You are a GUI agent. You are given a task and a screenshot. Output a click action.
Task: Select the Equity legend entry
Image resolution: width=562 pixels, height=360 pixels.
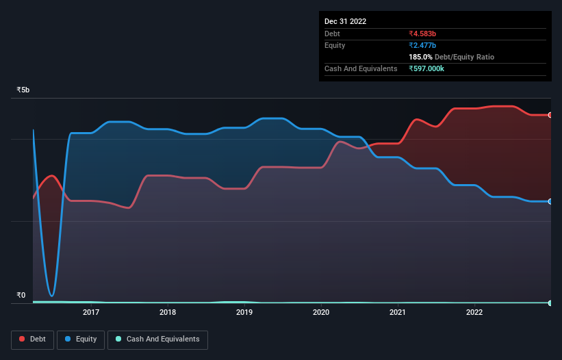coord(81,339)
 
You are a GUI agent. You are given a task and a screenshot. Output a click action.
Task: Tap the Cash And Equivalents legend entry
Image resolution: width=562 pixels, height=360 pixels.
coord(157,339)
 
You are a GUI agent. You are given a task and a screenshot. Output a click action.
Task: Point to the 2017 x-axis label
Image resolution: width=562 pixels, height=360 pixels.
coord(91,313)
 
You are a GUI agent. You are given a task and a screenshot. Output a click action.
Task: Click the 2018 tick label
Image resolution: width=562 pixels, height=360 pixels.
coord(168,313)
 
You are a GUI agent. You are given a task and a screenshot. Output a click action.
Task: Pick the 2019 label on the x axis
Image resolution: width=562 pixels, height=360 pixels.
coord(244,313)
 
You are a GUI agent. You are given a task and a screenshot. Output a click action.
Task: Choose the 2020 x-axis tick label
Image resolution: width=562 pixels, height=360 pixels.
coord(321,313)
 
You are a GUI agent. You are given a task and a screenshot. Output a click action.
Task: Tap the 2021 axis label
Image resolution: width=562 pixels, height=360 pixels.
coord(398,313)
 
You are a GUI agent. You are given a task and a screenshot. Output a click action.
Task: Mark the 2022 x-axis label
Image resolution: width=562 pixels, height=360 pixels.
coord(474,313)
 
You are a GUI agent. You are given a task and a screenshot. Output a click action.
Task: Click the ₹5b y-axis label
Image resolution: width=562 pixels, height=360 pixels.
coord(23,90)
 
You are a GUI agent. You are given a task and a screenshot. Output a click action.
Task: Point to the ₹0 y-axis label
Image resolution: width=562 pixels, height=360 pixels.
coord(21,296)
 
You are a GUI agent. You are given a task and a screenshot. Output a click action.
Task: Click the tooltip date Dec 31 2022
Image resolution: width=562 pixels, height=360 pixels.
coord(345,21)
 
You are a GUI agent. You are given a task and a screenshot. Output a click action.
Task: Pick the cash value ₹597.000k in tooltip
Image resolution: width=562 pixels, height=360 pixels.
coord(429,68)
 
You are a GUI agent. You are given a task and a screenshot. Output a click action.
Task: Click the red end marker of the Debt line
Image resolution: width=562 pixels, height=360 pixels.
coord(550,115)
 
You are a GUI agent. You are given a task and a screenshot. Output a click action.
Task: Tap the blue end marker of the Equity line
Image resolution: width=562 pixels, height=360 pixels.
coord(550,201)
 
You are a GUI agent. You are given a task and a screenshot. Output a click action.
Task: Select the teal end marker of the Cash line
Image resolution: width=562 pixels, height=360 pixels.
coord(550,303)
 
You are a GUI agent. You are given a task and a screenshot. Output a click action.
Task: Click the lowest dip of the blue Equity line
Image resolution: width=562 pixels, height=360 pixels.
coord(52,296)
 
